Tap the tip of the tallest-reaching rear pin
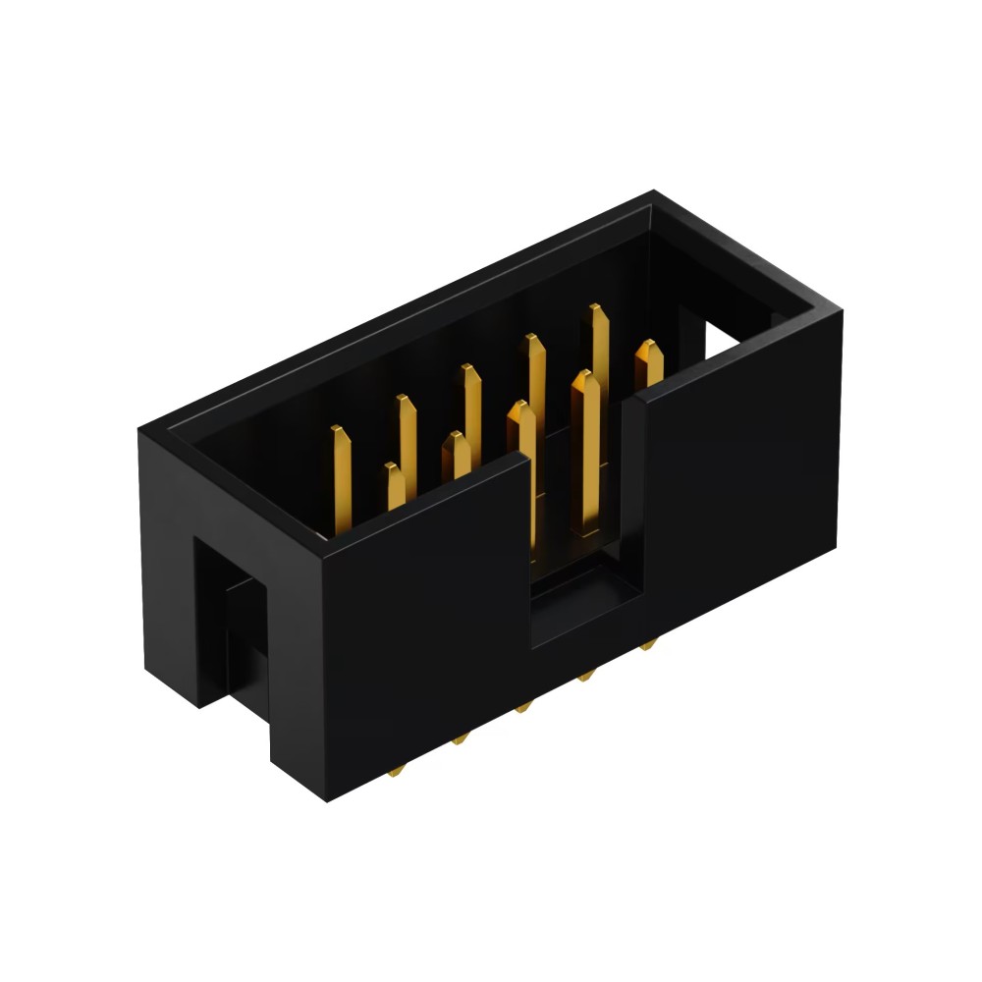click(596, 312)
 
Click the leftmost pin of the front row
click(392, 486)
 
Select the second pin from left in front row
click(457, 457)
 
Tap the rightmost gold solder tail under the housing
click(647, 646)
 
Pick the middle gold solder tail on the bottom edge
click(521, 708)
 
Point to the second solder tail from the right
click(586, 676)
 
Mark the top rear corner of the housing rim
click(655, 193)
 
